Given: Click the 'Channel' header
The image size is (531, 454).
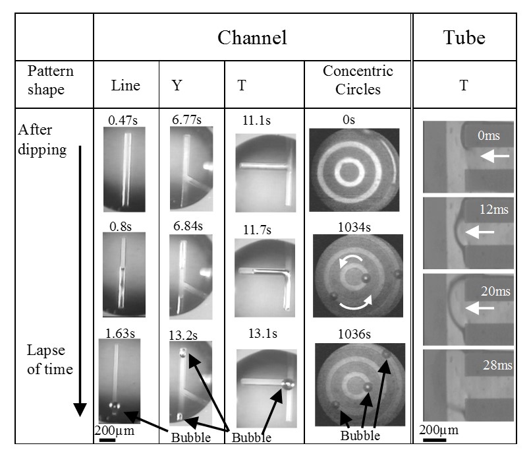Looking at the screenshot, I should (252, 38).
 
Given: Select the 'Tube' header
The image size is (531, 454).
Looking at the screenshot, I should (466, 38).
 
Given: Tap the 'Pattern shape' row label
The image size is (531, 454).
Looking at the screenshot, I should (51, 80).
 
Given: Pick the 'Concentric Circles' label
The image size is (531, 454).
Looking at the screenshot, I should (358, 80).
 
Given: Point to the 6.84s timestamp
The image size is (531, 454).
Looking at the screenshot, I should (188, 226).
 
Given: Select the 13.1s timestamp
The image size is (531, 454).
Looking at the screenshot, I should (260, 333).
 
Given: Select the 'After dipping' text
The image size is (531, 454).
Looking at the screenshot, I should (43, 139).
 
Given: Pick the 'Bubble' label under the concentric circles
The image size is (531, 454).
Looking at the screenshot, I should (360, 436).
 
